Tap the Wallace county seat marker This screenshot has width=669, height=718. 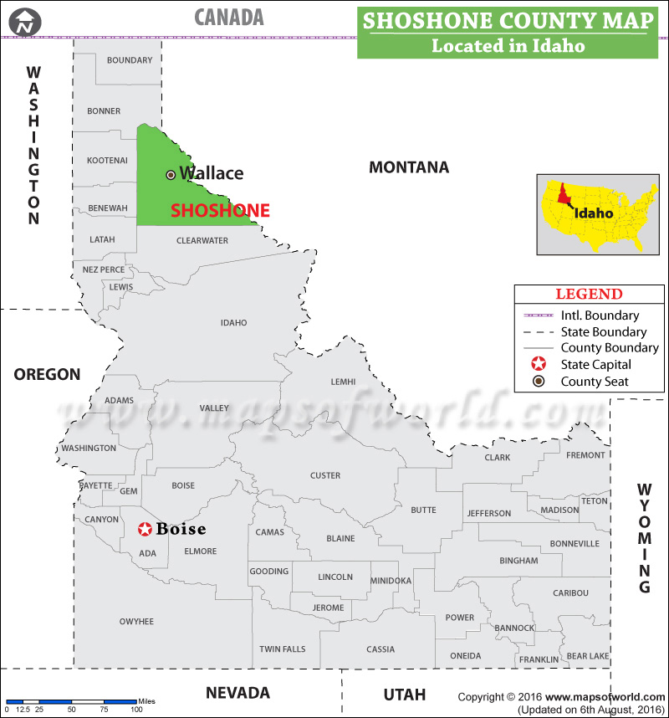coord(171,174)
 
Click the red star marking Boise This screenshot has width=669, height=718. coord(145,529)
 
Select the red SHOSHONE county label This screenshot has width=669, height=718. coord(220,211)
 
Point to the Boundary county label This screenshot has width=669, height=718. coord(130,60)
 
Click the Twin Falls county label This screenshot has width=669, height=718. coord(282,649)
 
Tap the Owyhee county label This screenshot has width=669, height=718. coord(136,622)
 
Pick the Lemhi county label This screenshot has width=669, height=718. coord(343,382)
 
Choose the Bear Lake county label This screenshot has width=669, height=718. coord(588,657)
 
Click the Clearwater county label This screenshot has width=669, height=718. coord(202,241)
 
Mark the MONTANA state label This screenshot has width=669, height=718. coord(409,167)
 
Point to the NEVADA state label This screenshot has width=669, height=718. coord(237,693)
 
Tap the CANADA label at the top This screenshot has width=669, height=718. coord(228,17)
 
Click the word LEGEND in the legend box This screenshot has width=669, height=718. coord(589,294)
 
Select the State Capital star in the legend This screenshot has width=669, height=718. coord(539,365)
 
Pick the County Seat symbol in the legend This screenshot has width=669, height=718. coord(539,382)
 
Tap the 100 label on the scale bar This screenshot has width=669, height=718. coord(135,710)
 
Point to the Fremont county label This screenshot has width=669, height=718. coord(585,455)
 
